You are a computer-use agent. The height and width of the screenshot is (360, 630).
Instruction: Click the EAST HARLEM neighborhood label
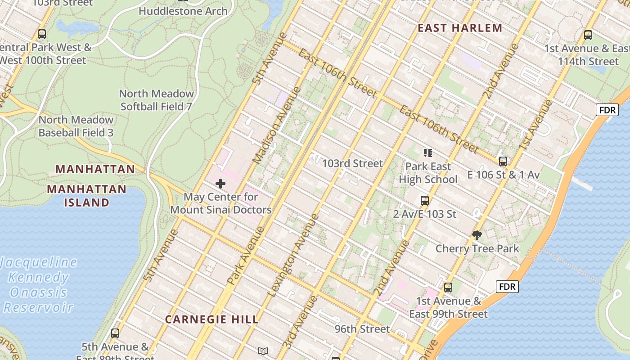point(460,28)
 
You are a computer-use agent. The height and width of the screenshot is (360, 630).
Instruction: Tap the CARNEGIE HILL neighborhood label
point(211,319)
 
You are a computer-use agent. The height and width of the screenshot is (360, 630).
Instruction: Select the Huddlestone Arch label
point(183,11)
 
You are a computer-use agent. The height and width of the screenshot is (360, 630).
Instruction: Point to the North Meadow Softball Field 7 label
point(156,100)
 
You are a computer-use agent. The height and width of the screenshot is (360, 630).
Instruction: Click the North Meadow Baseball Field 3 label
point(76,126)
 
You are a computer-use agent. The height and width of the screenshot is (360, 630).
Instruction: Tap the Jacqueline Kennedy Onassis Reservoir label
point(39,285)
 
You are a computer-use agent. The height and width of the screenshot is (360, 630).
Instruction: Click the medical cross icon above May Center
point(220,184)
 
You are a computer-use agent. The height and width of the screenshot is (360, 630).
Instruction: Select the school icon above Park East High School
point(427,153)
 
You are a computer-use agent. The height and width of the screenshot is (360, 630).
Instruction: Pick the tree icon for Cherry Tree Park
point(477,235)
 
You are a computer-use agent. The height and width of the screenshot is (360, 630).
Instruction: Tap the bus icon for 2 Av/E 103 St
point(425,201)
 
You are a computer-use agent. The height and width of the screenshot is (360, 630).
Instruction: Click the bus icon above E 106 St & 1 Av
point(503,161)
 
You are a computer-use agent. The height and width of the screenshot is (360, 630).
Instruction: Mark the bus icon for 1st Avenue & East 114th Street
point(588,35)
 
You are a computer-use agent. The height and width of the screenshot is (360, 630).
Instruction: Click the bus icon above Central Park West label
point(42,34)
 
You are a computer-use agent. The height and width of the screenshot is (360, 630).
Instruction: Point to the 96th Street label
point(362,329)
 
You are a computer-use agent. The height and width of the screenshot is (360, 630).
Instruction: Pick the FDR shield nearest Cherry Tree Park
point(507,287)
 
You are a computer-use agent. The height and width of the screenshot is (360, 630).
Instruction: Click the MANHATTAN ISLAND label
point(86,195)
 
